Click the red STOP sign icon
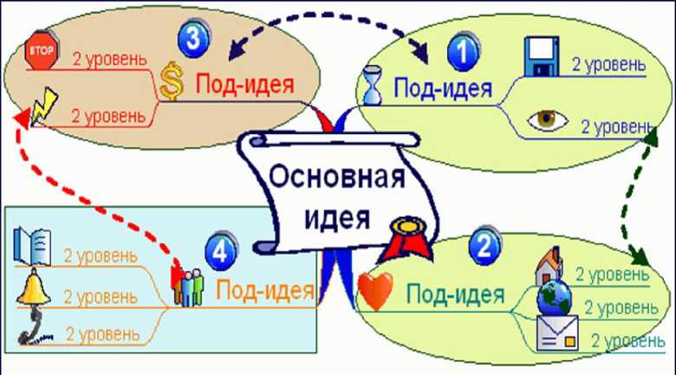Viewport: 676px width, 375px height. click(41, 51)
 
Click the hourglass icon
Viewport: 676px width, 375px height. click(374, 87)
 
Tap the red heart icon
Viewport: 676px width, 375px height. click(377, 288)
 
